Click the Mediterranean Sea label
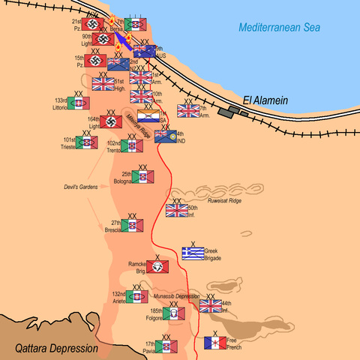tap(280, 28)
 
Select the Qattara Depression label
tap(57, 349)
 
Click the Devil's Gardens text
tap(80, 187)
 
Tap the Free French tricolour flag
tap(215, 343)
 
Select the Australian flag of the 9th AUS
tap(144, 52)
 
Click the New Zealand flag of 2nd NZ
tap(118, 64)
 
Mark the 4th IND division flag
tap(165, 136)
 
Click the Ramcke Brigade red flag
tap(157, 266)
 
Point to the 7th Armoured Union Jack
tap(187, 111)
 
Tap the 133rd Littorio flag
tap(79, 103)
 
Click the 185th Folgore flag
tap(173, 313)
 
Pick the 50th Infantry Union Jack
tap(177, 211)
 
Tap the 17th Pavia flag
tap(166, 346)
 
